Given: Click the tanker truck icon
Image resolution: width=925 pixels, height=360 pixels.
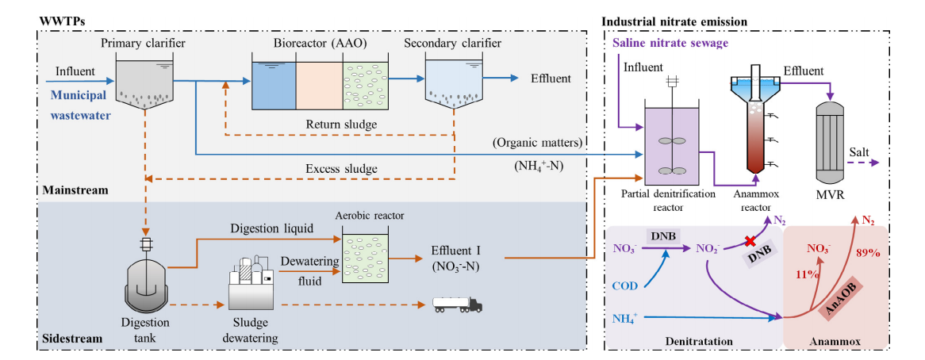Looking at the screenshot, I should [x=457, y=304].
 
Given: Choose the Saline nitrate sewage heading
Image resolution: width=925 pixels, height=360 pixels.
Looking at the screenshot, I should [x=670, y=42].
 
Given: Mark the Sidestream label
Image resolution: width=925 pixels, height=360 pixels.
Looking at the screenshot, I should [x=71, y=339].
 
